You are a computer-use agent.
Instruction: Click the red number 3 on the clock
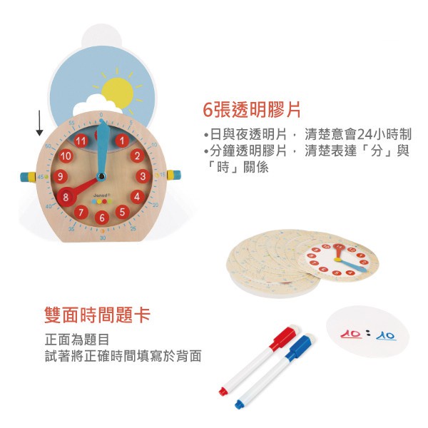[x=143, y=176]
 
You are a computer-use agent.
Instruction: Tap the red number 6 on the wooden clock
[x=102, y=218]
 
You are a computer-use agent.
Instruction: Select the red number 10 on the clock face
[x=66, y=156]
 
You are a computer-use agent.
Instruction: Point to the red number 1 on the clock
[x=122, y=141]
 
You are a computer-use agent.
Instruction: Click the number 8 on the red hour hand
[x=66, y=197]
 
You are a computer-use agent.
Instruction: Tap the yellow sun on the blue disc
[x=118, y=92]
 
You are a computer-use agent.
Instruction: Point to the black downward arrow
[x=40, y=123]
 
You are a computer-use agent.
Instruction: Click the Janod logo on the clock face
[x=102, y=195]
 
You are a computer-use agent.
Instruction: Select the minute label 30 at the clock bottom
[x=103, y=238]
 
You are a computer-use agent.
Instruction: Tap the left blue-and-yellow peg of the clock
[x=28, y=177]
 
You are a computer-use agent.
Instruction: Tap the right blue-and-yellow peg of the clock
[x=174, y=175]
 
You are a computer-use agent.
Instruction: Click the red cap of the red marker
[x=285, y=337]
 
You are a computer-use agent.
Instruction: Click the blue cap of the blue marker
[x=300, y=347]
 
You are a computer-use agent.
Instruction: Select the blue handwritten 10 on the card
[x=385, y=335]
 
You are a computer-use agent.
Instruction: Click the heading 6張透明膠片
[x=251, y=110]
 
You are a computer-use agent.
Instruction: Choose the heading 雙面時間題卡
[x=98, y=315]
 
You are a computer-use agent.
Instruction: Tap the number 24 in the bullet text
[x=365, y=134]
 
